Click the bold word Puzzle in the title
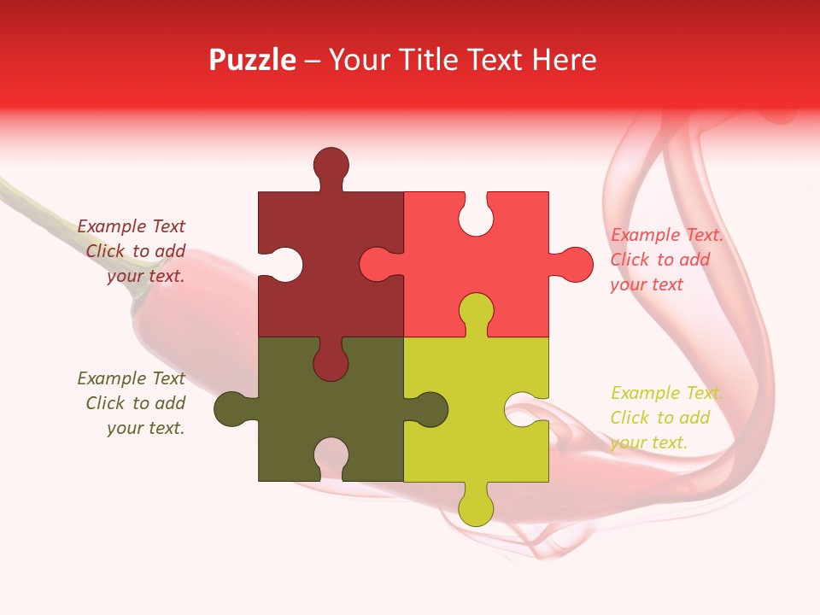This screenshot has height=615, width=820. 252,60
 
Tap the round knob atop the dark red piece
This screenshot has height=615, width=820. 331,164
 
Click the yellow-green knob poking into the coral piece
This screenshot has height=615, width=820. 476,311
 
